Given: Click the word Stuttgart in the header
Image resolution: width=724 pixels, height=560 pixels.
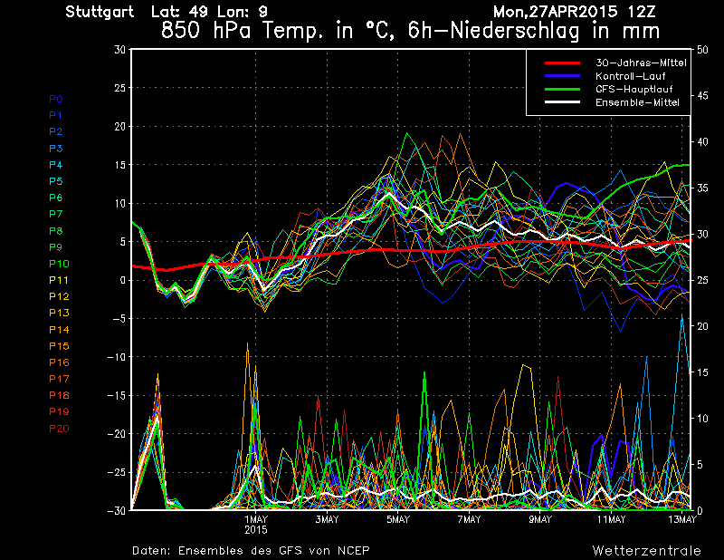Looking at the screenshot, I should tap(100, 12).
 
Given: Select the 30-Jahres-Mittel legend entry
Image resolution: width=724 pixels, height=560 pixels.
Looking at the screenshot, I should tap(641, 63).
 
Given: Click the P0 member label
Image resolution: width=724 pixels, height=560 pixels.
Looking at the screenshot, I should tap(56, 98).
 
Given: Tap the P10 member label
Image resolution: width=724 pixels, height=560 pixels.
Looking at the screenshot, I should tap(59, 263).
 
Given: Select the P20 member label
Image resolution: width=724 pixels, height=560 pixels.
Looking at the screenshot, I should tap(59, 428).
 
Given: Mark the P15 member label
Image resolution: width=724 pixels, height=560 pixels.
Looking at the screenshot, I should tap(59, 345).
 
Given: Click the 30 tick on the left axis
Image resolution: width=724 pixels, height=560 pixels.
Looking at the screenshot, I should tap(119, 50).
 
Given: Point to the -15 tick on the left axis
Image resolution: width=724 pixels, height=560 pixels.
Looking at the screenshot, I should tap(116, 395).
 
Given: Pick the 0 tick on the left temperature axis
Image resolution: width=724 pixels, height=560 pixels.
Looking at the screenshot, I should tap(122, 280).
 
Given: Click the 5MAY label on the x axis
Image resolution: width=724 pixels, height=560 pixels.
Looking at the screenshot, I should tap(397, 520).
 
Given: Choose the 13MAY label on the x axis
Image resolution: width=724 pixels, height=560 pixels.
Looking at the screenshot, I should tap(681, 520).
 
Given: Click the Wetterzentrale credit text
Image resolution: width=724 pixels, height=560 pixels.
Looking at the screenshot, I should tap(646, 550).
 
